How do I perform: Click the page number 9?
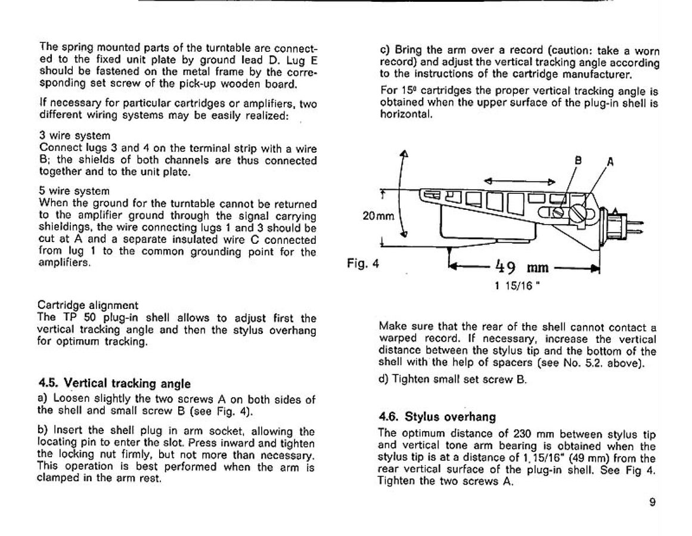pos(653,501)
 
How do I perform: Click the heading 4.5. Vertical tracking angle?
pos(114,383)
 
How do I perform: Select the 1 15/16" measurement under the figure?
pos(513,284)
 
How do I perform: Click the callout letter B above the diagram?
pos(577,160)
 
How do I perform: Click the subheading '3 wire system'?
pos(67,136)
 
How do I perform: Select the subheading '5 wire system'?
pos(67,191)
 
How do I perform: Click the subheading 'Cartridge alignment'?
pos(88,305)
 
